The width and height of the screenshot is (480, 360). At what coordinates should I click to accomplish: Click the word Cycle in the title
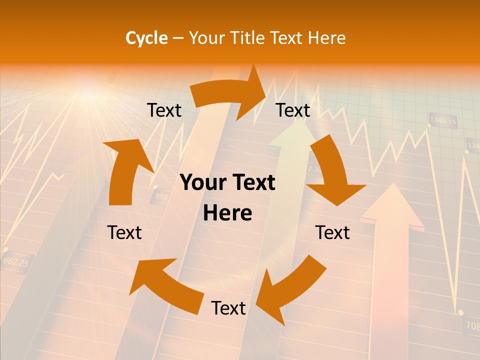coord(146,38)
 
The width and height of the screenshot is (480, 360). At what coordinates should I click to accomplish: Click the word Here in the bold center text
coord(227,213)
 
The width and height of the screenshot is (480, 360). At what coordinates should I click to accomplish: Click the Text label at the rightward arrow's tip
coord(293,110)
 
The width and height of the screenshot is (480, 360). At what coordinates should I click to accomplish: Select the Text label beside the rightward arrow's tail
coord(164,110)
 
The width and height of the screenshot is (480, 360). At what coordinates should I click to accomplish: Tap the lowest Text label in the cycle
coord(228,308)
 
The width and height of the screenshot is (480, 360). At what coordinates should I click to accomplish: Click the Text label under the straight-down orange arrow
coord(332,232)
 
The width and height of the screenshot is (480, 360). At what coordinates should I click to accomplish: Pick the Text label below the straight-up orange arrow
coord(124,232)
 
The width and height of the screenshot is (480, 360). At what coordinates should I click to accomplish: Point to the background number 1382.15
coord(443,121)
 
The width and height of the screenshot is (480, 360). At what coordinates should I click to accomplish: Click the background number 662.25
coord(15,261)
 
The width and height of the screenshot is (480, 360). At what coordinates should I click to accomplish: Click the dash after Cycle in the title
coord(177,38)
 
